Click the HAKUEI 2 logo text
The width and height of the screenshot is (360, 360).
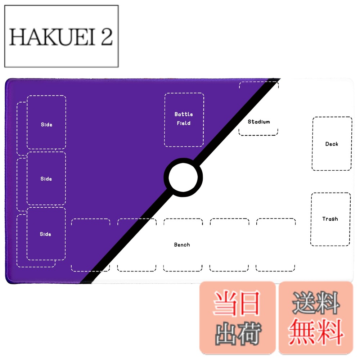[61, 37]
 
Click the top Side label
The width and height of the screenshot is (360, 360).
[46, 125]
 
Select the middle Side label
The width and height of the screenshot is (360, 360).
[46, 179]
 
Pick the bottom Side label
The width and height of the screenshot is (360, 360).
[45, 234]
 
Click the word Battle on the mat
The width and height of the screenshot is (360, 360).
[184, 114]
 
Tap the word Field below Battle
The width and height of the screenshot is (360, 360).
[184, 123]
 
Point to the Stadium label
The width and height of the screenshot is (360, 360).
[259, 122]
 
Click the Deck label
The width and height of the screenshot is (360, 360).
[332, 144]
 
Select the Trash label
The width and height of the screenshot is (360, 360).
[330, 219]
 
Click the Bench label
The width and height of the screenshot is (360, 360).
[182, 245]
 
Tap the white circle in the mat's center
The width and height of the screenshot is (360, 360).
[183, 177]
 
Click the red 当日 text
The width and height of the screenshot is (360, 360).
[237, 303]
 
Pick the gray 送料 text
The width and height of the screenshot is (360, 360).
[316, 303]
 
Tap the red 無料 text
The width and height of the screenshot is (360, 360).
[316, 332]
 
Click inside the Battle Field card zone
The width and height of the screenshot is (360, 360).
[184, 135]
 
